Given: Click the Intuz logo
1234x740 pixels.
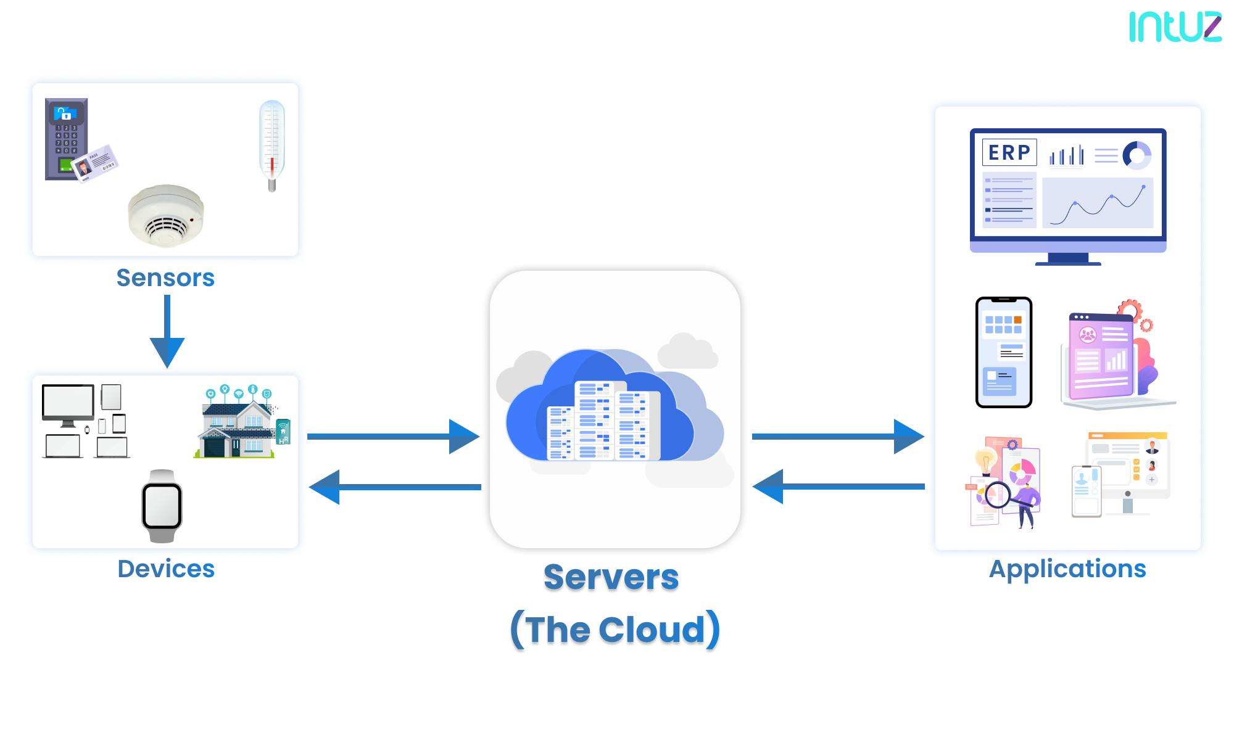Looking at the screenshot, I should (x=1175, y=28).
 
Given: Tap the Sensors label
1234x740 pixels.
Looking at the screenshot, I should (x=165, y=278).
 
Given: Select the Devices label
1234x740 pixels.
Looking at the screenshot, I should (x=166, y=569).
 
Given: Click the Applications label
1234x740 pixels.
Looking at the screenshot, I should (x=1067, y=569).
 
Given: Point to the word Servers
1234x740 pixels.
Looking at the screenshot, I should (x=611, y=578).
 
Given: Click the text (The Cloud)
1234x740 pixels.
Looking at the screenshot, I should (x=615, y=630).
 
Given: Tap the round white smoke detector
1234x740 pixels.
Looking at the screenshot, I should (x=166, y=214).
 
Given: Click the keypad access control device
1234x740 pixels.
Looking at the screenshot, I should (x=67, y=139).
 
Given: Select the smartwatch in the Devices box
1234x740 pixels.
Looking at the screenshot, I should (x=162, y=506).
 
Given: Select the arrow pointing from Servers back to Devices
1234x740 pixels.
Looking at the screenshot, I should (x=395, y=487).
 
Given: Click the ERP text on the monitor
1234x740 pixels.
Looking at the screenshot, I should (x=1009, y=152).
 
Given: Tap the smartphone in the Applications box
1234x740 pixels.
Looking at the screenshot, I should (x=1004, y=352).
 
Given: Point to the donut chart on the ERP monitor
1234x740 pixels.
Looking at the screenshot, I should (x=1137, y=155).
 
